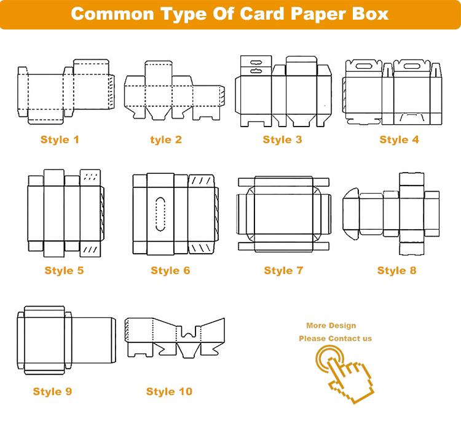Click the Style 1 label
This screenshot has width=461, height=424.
click(x=60, y=139)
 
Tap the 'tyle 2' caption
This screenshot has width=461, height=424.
click(x=166, y=139)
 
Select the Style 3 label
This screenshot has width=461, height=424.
click(x=282, y=139)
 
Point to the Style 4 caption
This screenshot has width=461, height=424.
click(x=399, y=139)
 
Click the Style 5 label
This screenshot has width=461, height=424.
click(x=64, y=270)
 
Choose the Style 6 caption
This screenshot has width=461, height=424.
click(x=170, y=270)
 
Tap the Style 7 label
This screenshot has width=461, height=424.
click(x=283, y=270)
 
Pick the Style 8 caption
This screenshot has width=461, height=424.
click(x=396, y=270)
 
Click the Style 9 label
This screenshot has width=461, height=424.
click(x=52, y=391)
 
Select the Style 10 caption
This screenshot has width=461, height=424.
click(x=169, y=391)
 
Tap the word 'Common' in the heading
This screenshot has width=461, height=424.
click(x=112, y=14)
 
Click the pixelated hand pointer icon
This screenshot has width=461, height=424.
click(x=345, y=374)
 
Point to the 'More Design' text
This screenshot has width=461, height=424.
click(x=331, y=326)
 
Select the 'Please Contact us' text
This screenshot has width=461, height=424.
click(x=335, y=339)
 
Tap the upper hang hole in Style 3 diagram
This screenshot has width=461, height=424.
click(x=256, y=62)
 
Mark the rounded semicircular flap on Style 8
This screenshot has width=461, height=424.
click(x=351, y=214)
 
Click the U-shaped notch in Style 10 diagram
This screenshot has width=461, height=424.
click(x=188, y=332)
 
